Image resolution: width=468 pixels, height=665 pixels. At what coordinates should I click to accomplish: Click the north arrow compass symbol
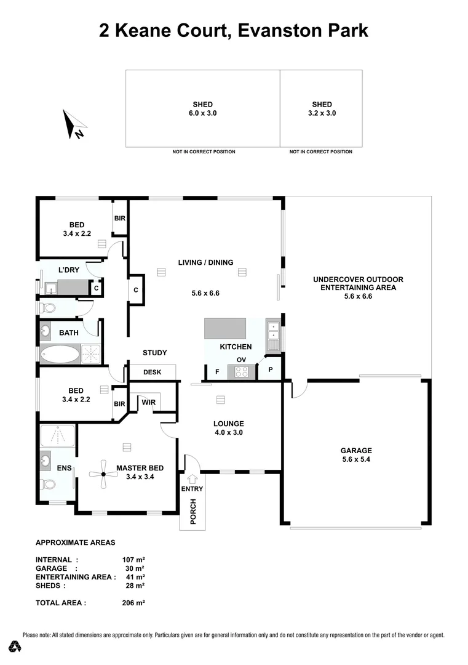point(73,124)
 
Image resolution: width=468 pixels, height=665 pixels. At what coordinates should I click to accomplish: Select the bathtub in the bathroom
point(60,354)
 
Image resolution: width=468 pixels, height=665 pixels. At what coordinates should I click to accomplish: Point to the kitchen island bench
point(225,328)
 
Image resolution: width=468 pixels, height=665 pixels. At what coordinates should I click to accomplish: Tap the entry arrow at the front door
point(192,478)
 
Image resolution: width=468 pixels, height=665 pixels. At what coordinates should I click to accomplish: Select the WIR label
point(148,402)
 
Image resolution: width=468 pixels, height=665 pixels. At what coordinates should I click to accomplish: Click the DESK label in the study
point(152,372)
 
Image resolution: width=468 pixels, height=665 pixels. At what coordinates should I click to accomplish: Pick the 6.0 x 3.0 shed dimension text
point(202,113)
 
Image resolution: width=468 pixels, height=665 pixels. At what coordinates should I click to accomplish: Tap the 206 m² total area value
point(133,603)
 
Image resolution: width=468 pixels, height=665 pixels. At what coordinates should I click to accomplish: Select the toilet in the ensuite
point(47,484)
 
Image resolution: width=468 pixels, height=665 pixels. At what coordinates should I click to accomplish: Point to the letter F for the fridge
point(216,372)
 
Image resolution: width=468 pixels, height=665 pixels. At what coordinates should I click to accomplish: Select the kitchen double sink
point(272,336)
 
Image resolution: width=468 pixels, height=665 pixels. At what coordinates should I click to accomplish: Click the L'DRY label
point(68,270)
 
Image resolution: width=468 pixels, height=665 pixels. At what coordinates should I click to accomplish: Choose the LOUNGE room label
point(229,424)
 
